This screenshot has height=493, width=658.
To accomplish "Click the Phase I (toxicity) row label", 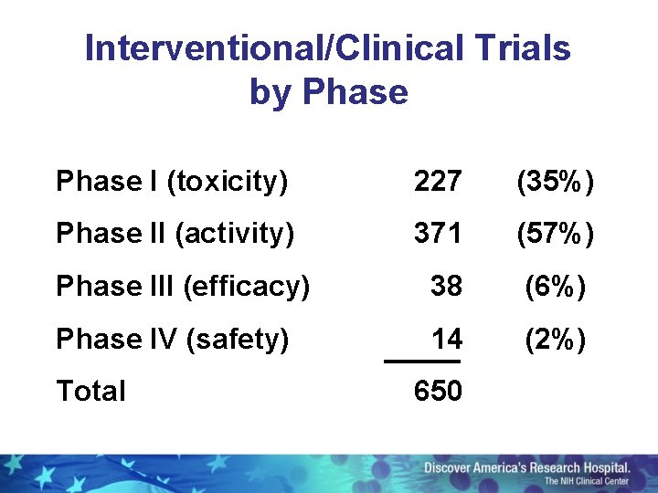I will [x=172, y=182].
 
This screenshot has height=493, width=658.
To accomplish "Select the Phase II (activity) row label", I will [x=175, y=234].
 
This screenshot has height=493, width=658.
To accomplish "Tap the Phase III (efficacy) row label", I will [x=183, y=287].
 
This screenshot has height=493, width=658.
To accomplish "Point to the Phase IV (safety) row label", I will [x=172, y=339].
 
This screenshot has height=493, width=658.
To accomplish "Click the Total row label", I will [x=90, y=391].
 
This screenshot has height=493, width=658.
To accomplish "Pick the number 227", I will [x=437, y=182].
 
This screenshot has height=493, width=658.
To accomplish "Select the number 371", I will [x=437, y=234].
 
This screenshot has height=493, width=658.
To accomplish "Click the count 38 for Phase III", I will [x=446, y=287].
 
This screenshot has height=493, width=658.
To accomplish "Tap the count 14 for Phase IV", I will [x=446, y=339].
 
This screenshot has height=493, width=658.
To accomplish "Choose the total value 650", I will [x=437, y=391].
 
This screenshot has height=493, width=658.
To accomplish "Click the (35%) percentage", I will [x=555, y=182].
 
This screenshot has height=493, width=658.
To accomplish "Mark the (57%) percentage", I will [x=555, y=234].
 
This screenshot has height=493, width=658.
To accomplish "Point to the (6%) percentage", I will [x=555, y=287].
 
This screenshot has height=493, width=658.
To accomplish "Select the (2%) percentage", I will [x=555, y=339].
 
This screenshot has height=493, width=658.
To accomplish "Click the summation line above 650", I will [x=421, y=362].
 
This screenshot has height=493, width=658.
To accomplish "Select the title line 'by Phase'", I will [x=328, y=92].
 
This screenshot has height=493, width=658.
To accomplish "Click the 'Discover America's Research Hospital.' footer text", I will [x=526, y=467].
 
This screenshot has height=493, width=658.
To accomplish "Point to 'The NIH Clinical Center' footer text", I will [x=587, y=481].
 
